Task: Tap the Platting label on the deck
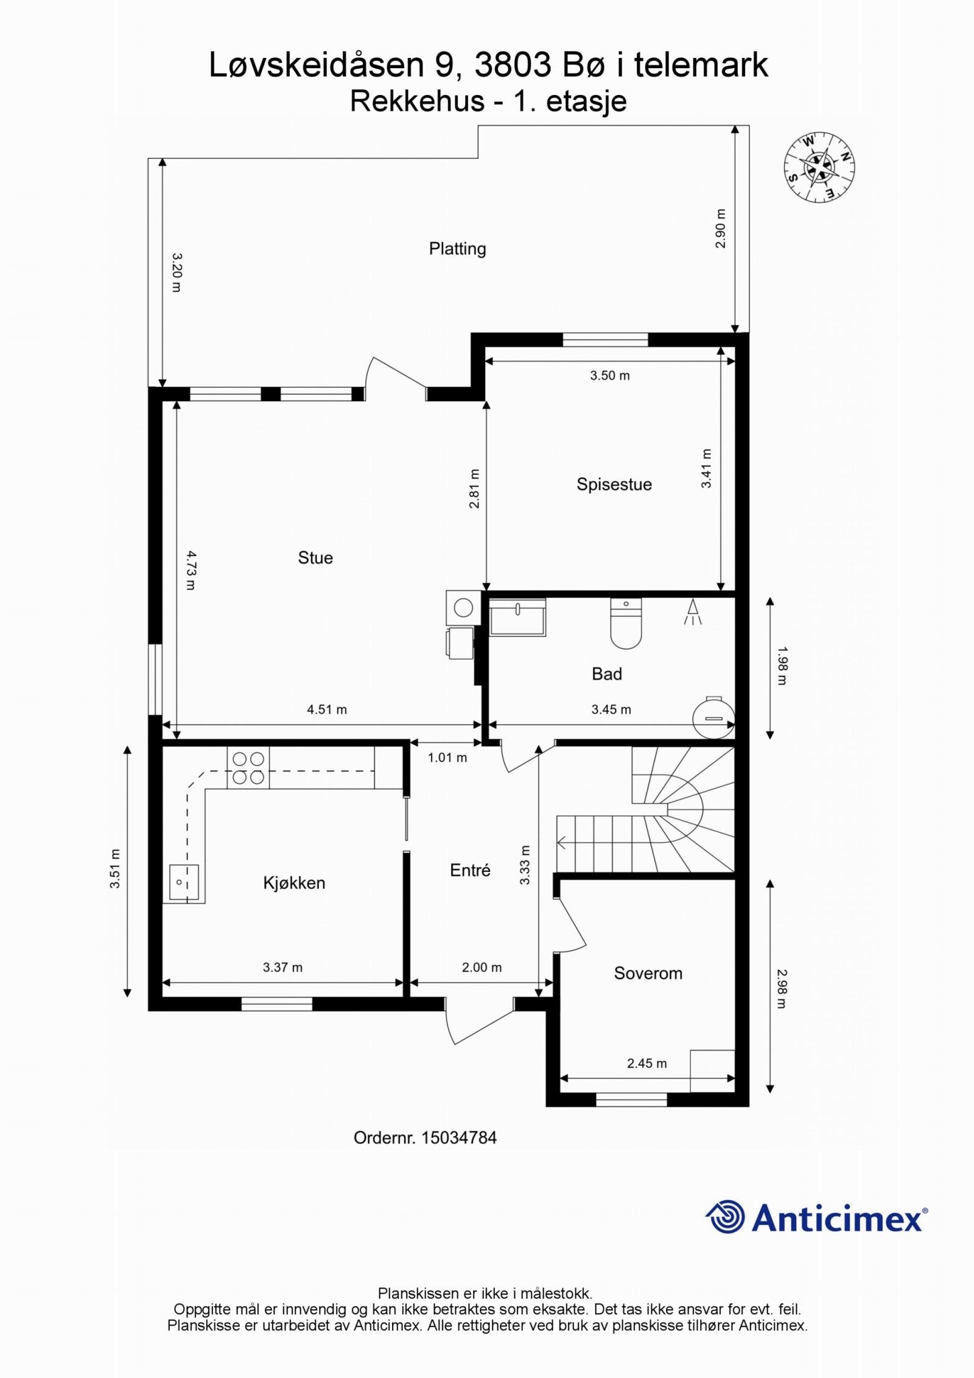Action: [457, 249]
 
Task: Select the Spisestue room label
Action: [614, 484]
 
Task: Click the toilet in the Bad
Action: [626, 623]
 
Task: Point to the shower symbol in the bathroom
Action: [693, 612]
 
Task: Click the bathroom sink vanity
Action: [517, 617]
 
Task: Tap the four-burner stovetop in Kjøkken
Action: [248, 768]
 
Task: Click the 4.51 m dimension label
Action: [327, 709]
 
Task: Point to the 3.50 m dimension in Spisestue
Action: [610, 376]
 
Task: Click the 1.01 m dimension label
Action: [447, 758]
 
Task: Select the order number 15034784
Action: [458, 1137]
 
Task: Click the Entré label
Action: [470, 870]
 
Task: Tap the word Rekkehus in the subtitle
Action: [417, 102]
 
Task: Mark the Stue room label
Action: [315, 558]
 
